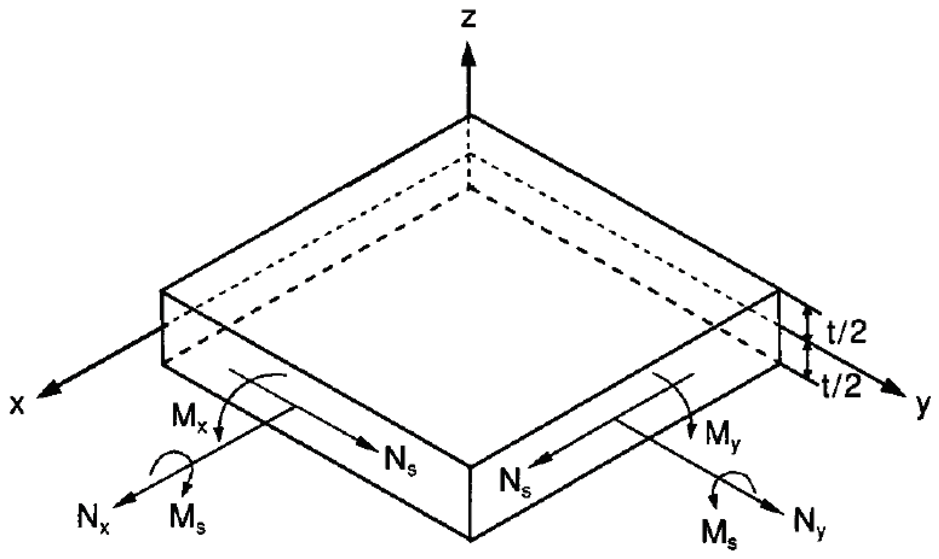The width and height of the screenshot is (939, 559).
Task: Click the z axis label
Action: (x=469, y=19)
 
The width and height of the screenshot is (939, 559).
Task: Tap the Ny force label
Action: (x=810, y=526)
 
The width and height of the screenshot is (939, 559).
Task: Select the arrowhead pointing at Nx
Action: (x=123, y=501)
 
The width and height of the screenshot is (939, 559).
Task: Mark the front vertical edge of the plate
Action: (x=470, y=503)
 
